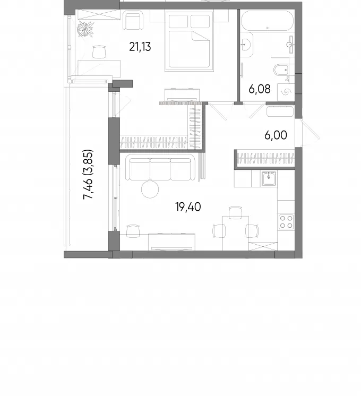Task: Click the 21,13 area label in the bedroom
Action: [140, 47]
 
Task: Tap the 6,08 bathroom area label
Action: [260, 89]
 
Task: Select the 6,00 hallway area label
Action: [276, 135]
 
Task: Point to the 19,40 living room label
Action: [188, 207]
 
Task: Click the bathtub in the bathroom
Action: [268, 21]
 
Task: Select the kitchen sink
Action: [269, 178]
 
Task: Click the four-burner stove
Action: [286, 222]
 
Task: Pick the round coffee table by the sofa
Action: [150, 189]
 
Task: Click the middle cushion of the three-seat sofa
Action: [160, 169]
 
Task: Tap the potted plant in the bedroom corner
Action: [85, 29]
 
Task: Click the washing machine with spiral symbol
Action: [286, 92]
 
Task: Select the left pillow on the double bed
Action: [178, 21]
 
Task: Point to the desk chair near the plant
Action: [99, 52]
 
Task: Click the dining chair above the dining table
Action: [235, 212]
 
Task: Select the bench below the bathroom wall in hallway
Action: [280, 111]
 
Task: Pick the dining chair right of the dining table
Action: [252, 231]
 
